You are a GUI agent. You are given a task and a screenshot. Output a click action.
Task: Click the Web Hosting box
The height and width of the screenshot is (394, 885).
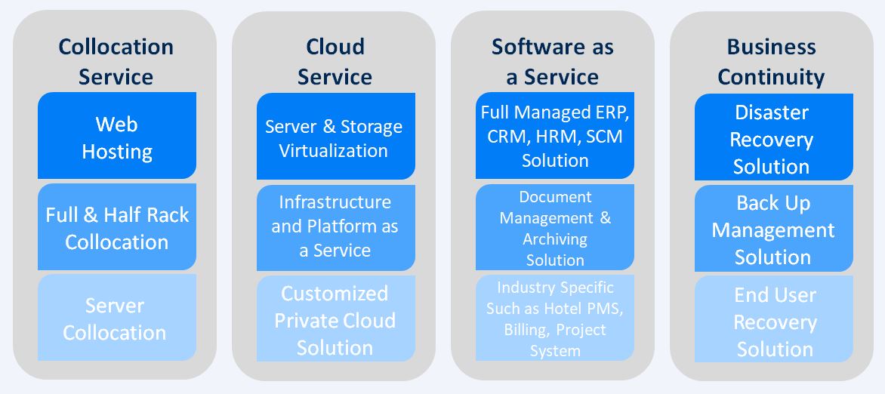pyautogui.click(x=117, y=135)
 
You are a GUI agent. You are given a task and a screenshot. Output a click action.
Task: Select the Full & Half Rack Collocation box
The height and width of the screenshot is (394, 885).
pyautogui.click(x=117, y=227)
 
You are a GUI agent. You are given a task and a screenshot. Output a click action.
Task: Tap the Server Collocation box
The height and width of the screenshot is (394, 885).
pyautogui.click(x=117, y=318)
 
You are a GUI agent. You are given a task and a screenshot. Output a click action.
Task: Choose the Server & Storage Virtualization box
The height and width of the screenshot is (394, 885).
pyautogui.click(x=336, y=136)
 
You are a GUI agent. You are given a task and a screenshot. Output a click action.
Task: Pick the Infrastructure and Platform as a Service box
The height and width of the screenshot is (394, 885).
pyautogui.click(x=336, y=227)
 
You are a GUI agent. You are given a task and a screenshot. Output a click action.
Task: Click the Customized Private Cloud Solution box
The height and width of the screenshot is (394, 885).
pyautogui.click(x=336, y=319)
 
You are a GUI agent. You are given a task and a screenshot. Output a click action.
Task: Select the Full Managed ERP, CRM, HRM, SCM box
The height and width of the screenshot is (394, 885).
pyautogui.click(x=555, y=135)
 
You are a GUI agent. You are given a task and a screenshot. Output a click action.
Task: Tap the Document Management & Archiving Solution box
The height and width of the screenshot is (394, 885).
pyautogui.click(x=555, y=227)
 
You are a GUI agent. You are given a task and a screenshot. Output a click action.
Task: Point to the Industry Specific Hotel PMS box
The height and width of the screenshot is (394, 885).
pyautogui.click(x=555, y=318)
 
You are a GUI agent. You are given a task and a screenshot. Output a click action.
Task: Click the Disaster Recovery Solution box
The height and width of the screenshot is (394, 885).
pyautogui.click(x=774, y=137)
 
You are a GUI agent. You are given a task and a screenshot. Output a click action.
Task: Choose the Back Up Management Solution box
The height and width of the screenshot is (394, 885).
pyautogui.click(x=774, y=228)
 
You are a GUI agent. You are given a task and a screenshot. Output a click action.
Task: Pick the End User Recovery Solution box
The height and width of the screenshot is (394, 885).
pyautogui.click(x=774, y=319)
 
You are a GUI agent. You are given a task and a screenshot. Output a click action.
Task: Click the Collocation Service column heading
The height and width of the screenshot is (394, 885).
pyautogui.click(x=116, y=62)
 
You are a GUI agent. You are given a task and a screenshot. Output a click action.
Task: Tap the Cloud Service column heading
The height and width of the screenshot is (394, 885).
pyautogui.click(x=335, y=62)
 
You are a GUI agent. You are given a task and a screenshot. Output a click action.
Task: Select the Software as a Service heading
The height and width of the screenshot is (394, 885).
pyautogui.click(x=553, y=62)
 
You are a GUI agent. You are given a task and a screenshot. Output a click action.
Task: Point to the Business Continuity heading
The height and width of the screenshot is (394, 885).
pyautogui.click(x=772, y=62)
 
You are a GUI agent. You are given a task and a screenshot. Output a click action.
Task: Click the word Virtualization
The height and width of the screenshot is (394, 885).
pyautogui.click(x=334, y=151)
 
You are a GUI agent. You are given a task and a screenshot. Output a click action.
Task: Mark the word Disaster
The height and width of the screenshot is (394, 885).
pyautogui.click(x=771, y=112)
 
